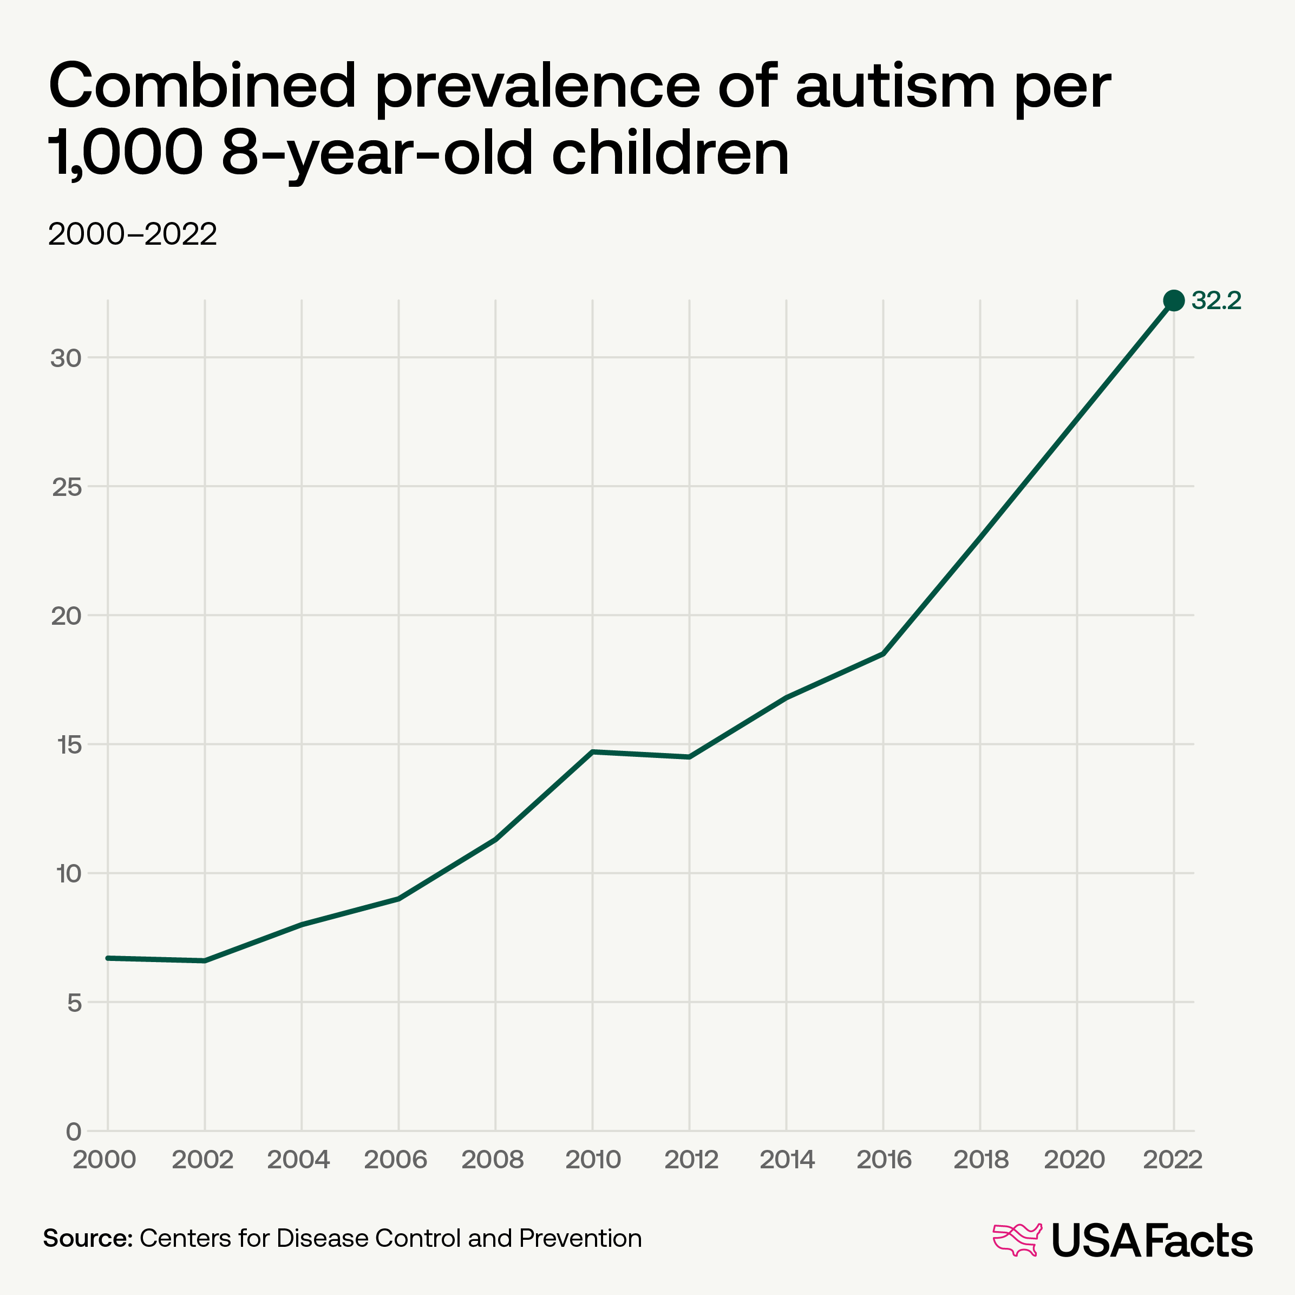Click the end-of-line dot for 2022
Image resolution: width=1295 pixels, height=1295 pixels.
tap(1173, 300)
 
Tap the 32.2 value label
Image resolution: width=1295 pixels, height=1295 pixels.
tap(1216, 301)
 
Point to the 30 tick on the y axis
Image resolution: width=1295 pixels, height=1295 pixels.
tap(65, 358)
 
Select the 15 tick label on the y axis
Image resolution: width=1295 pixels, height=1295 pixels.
tap(66, 745)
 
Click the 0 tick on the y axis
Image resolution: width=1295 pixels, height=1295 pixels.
tap(73, 1132)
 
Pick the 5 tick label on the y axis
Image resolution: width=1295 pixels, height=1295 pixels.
tap(73, 1003)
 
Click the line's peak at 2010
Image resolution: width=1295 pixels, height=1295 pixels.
tap(592, 752)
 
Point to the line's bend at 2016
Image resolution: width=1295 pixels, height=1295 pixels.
tap(884, 653)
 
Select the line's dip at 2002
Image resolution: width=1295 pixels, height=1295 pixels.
tap(205, 960)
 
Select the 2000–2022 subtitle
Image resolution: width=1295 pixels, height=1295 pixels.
tap(133, 234)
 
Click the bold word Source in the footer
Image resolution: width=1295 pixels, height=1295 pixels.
tap(88, 1238)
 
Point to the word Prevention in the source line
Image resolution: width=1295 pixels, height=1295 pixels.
tap(580, 1238)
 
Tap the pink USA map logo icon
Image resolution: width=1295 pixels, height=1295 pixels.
tap(1017, 1239)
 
